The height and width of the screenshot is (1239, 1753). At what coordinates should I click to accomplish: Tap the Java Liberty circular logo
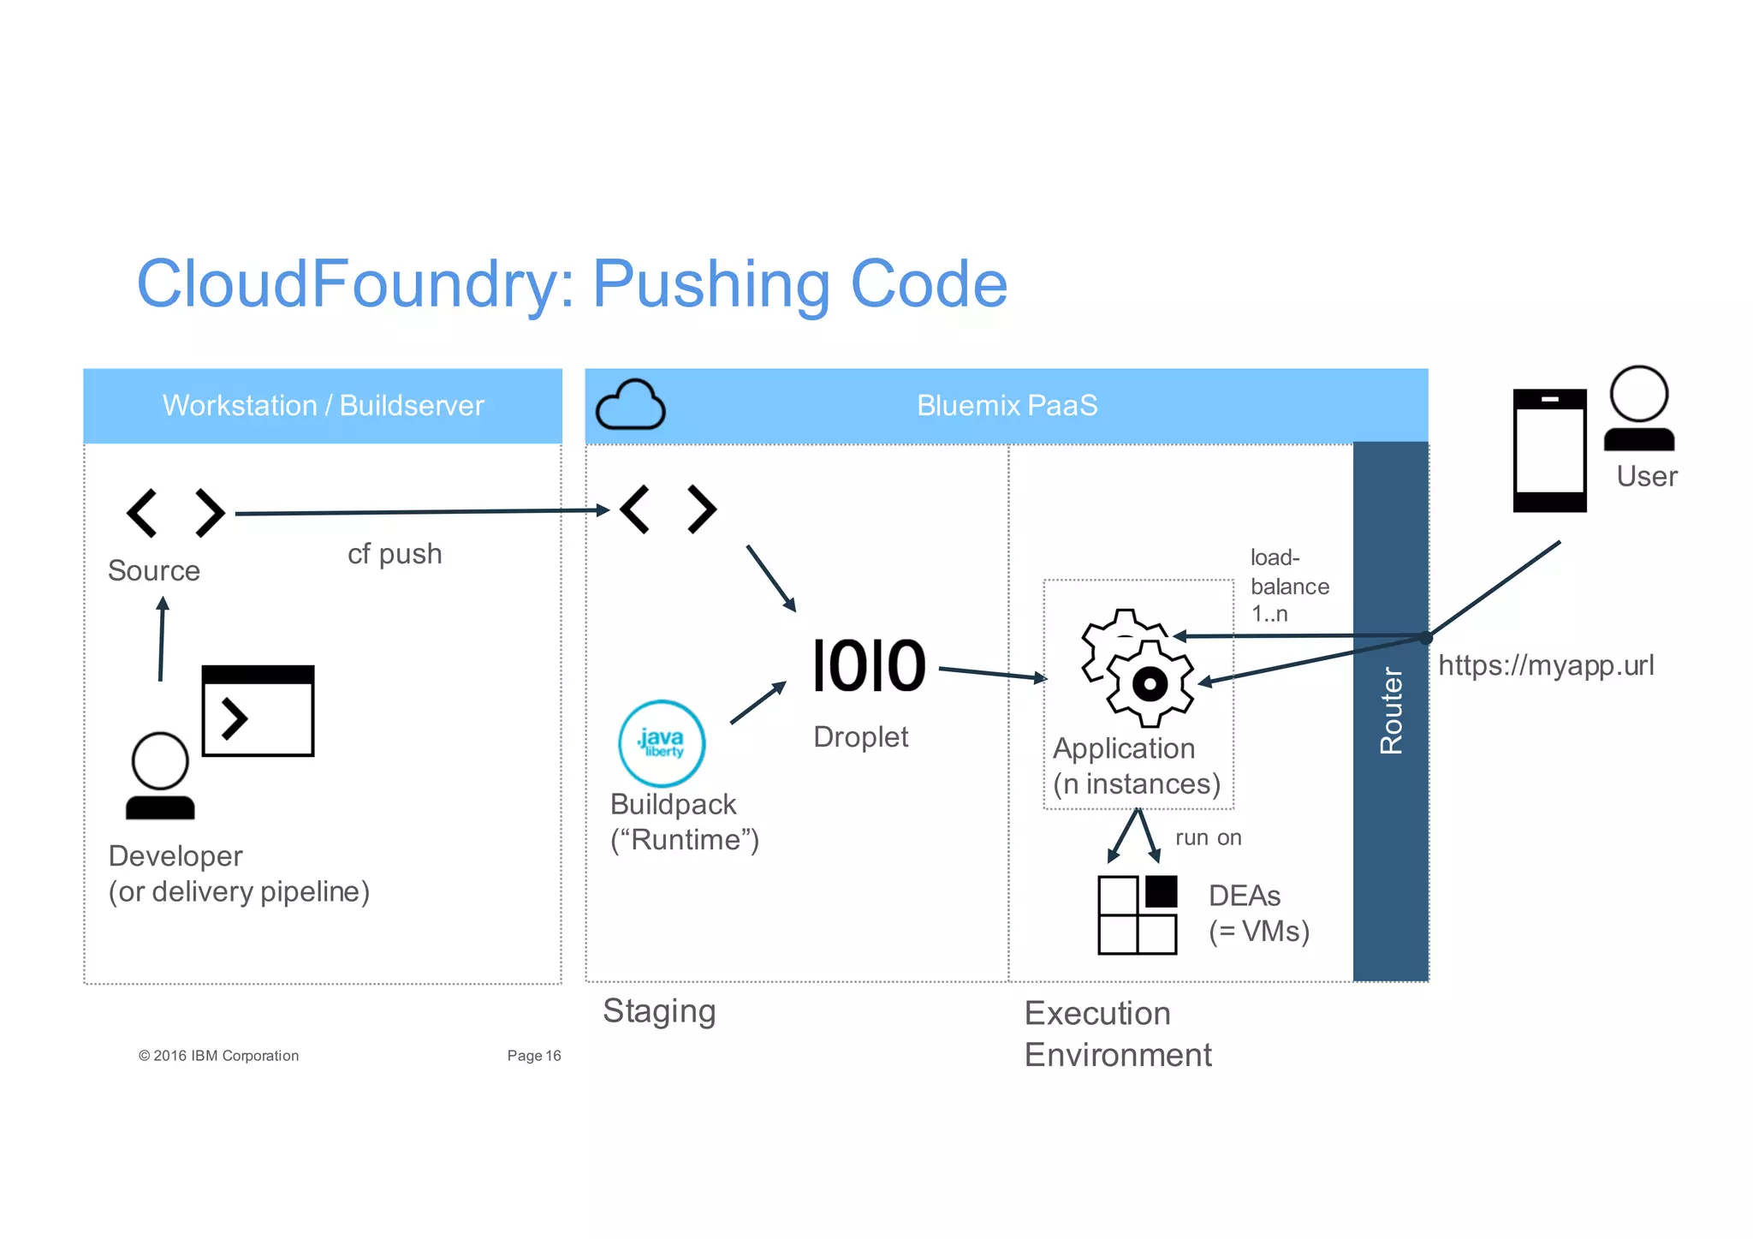click(x=662, y=743)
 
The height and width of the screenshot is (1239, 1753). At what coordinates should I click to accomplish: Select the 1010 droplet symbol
click(x=869, y=666)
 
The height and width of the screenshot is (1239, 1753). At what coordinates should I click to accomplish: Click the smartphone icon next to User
click(x=1549, y=450)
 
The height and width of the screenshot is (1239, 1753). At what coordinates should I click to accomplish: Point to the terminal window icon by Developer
click(x=258, y=711)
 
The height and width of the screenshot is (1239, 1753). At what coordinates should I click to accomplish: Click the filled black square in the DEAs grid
click(x=1161, y=891)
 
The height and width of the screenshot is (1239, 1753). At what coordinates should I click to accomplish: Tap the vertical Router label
click(x=1391, y=711)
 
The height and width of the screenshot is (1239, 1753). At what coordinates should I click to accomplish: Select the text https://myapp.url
click(x=1546, y=665)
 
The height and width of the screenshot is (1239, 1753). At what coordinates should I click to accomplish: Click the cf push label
click(x=395, y=554)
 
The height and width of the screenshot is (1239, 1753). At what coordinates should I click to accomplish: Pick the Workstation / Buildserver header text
click(x=323, y=405)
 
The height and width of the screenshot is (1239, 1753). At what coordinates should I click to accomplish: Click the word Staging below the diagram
click(x=659, y=1011)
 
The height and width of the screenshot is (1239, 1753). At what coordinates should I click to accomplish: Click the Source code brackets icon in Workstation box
click(x=175, y=513)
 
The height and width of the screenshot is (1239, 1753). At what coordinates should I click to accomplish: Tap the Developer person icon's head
click(x=160, y=761)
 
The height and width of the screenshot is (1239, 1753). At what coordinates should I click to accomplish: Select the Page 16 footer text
click(x=533, y=1056)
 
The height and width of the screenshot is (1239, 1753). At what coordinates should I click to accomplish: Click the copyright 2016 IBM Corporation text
click(x=219, y=1056)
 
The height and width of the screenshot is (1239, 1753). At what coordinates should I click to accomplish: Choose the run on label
click(x=1208, y=837)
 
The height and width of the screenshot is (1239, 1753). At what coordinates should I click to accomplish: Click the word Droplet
click(x=860, y=736)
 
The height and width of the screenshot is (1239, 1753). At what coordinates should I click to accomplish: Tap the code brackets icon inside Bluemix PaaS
click(x=668, y=509)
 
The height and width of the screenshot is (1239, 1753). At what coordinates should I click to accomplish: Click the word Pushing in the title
click(x=710, y=284)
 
